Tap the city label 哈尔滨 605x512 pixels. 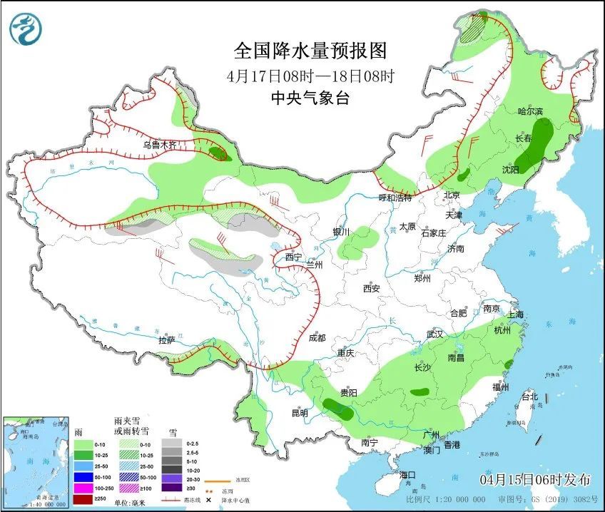pos(530,111)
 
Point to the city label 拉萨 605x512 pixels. pos(167,340)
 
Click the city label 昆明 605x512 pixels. pos(299,413)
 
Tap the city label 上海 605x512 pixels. pos(514,314)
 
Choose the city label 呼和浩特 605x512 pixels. pos(395,198)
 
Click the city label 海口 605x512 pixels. pos(407,475)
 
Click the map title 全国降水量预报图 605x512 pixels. pos(310,51)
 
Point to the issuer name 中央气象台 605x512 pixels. pos(310,99)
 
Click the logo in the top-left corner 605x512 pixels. pos(26,29)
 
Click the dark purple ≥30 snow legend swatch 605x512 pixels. pos(171,488)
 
